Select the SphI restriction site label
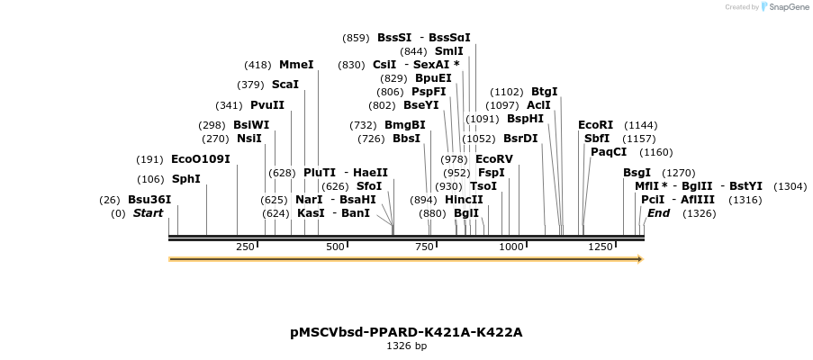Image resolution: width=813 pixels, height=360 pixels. coord(186,178)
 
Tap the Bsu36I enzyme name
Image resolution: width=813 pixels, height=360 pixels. coord(149,199)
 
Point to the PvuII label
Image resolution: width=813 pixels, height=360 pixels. coord(267,105)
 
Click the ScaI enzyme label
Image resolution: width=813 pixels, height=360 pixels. coord(285,85)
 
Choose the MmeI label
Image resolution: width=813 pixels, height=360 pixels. coord(296,65)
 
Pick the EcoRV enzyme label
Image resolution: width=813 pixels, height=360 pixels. coord(493,159)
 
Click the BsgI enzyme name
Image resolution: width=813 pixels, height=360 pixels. coord(637,173)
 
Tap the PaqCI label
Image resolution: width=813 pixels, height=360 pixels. coord(609,152)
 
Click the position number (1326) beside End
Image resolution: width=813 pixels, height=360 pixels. coord(699,213)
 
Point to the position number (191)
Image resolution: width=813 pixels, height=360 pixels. coord(149,159)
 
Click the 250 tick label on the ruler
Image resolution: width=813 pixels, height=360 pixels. coord(245,247)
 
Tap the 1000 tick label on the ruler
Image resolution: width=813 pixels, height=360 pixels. coord(511,247)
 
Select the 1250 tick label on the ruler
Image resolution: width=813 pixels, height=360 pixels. coord(600,247)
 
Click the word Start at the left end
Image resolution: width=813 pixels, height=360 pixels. coord(149,213)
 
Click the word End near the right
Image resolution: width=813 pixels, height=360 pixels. coord(658,213)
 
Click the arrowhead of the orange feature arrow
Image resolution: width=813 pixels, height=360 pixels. coord(640,259)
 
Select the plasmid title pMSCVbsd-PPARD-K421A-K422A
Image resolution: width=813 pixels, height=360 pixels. coord(406,332)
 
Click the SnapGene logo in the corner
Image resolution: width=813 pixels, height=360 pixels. coord(784,7)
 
